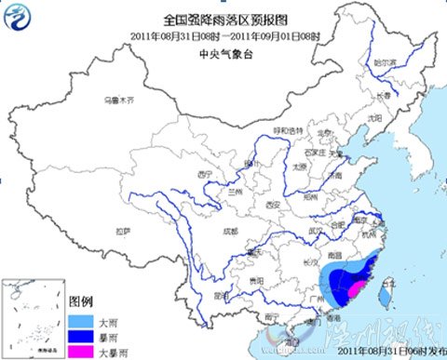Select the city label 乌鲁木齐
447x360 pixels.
pyautogui.click(x=119, y=99)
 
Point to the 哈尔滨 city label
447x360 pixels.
pyautogui.click(x=385, y=63)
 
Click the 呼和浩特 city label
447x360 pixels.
pyautogui.click(x=282, y=130)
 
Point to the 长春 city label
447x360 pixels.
pyautogui.click(x=385, y=93)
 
